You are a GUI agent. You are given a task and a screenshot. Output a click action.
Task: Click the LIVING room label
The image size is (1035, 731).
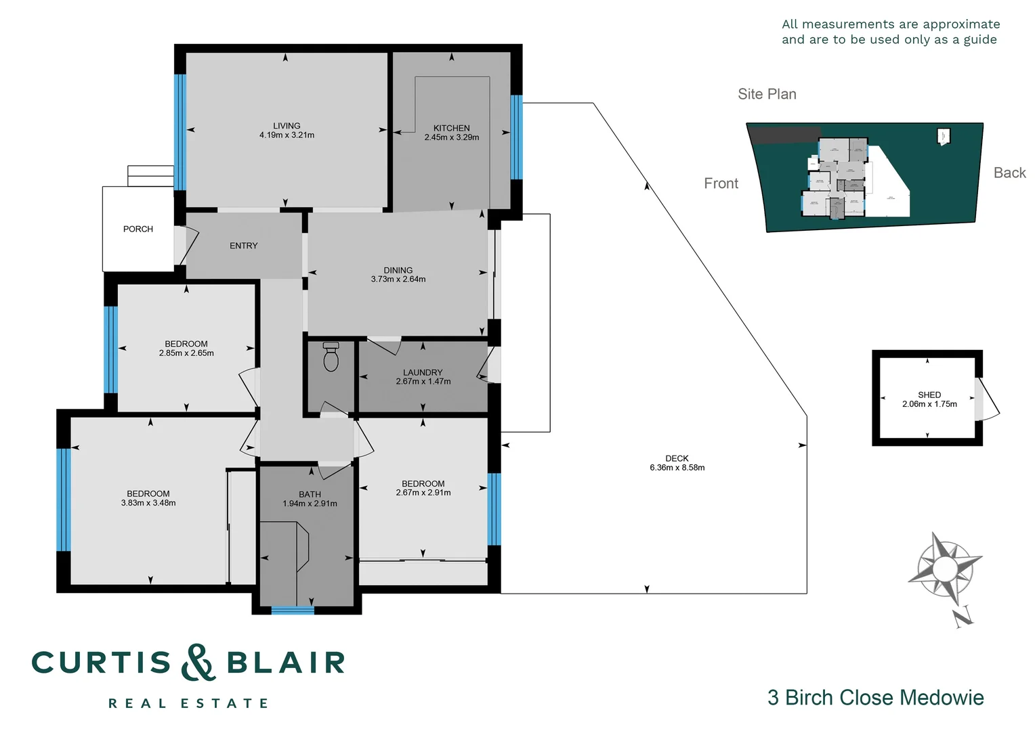(287, 126)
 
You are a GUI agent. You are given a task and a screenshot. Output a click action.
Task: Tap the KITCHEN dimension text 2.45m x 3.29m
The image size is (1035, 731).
(451, 137)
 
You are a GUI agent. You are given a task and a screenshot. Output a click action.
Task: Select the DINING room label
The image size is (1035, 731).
(398, 270)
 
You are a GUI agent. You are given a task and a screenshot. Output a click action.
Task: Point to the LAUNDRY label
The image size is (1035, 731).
(423, 372)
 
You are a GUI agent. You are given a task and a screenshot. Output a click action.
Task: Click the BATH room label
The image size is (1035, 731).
(310, 494)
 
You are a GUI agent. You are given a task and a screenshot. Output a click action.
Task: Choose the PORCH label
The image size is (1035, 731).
(138, 229)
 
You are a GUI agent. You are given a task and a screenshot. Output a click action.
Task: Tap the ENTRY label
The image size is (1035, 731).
(243, 246)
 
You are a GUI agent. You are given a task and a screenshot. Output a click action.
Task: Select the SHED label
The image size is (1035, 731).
(929, 395)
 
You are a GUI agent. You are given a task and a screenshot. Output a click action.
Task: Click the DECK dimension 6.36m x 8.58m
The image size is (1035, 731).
(677, 468)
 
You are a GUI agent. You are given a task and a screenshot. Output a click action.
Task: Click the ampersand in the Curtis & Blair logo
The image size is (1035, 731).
(198, 663)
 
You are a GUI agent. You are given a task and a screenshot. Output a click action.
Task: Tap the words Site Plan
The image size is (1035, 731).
(767, 94)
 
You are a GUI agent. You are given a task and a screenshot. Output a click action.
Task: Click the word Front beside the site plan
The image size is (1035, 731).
(721, 183)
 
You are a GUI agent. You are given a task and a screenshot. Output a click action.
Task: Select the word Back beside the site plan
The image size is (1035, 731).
(1009, 173)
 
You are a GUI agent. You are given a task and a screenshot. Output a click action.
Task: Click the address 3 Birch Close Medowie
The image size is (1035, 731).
(875, 697)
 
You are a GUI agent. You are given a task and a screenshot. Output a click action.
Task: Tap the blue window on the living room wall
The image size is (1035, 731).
(179, 132)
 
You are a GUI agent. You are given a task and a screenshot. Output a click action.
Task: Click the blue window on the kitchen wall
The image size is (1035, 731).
(516, 137)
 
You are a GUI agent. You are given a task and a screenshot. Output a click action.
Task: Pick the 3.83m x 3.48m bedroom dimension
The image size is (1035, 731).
(148, 503)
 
